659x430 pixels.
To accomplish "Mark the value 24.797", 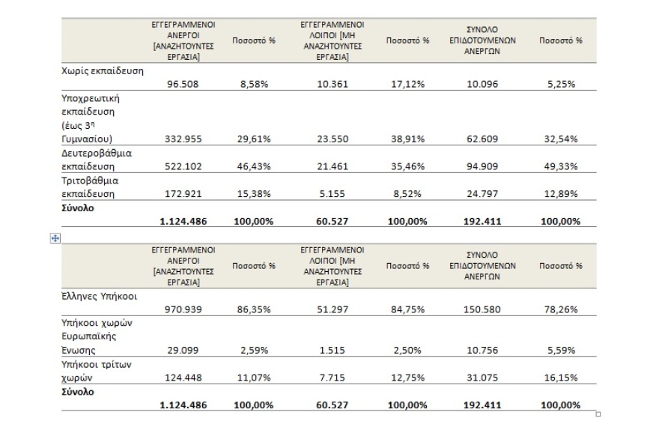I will [x=476, y=194].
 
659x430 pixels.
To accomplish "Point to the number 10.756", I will [x=476, y=350].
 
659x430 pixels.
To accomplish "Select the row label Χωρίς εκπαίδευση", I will [x=102, y=71].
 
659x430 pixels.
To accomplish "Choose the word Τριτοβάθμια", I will [x=91, y=181].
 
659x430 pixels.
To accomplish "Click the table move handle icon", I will [x=55, y=238].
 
